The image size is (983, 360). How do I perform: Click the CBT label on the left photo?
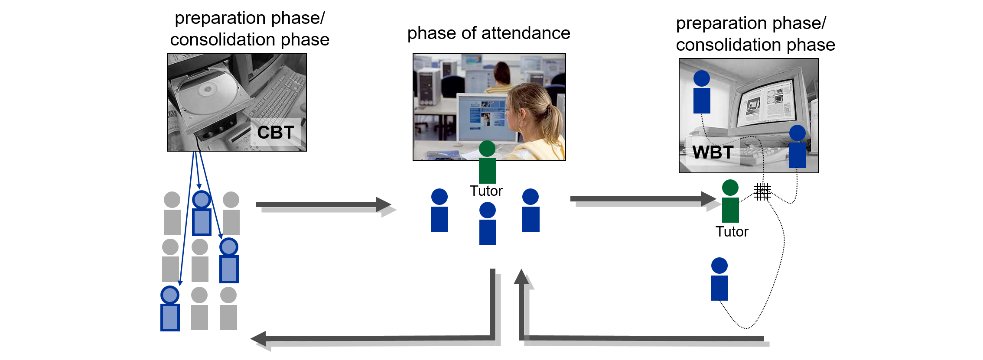tap(276, 133)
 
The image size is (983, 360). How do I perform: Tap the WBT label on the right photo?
tap(713, 152)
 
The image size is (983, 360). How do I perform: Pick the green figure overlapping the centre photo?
tap(487, 162)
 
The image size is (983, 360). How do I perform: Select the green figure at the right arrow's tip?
tap(730, 201)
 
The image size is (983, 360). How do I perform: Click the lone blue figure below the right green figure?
tap(719, 279)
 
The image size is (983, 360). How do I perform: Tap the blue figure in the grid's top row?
tap(202, 213)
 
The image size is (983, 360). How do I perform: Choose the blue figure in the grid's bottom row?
tap(170, 308)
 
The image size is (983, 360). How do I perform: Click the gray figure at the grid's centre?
tap(200, 260)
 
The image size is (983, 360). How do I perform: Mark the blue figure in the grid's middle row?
tap(229, 260)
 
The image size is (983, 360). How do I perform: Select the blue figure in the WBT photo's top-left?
tap(702, 92)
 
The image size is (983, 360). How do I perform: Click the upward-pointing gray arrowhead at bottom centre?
tap(522, 278)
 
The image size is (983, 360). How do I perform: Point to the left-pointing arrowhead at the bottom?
tap(260, 340)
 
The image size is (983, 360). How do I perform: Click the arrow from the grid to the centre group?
tap(325, 206)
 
